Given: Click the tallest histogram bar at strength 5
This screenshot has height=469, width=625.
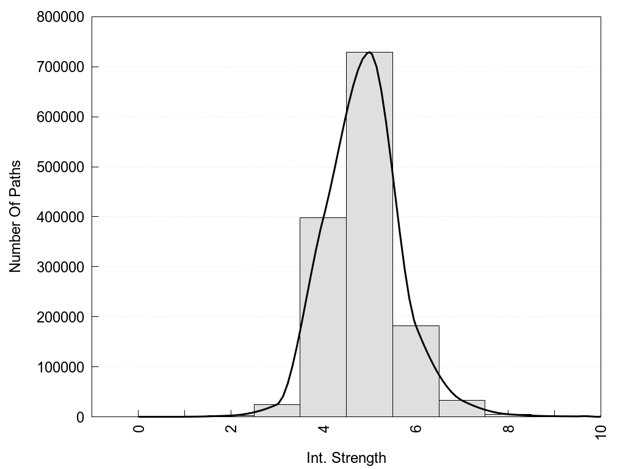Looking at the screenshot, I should (x=369, y=244).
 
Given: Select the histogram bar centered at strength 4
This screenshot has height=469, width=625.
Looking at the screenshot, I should (x=323, y=318).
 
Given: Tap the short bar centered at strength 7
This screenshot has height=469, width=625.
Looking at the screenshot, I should (x=462, y=409).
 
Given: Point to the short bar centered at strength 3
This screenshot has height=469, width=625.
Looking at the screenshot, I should (x=276, y=410).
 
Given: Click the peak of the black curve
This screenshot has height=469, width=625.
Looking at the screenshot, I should (x=370, y=53).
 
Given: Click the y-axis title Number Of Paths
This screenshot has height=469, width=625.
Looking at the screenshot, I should (x=15, y=216).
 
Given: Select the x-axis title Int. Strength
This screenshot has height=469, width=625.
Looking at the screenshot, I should (x=347, y=458).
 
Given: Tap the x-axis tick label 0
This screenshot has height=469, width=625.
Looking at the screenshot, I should (x=139, y=429).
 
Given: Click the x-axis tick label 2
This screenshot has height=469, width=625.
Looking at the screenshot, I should (x=231, y=429).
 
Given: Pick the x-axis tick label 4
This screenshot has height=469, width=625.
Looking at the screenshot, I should (x=324, y=429).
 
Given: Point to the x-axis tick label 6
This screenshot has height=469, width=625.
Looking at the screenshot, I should (x=416, y=429).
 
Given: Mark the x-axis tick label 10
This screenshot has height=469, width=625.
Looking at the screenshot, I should (x=601, y=432).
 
